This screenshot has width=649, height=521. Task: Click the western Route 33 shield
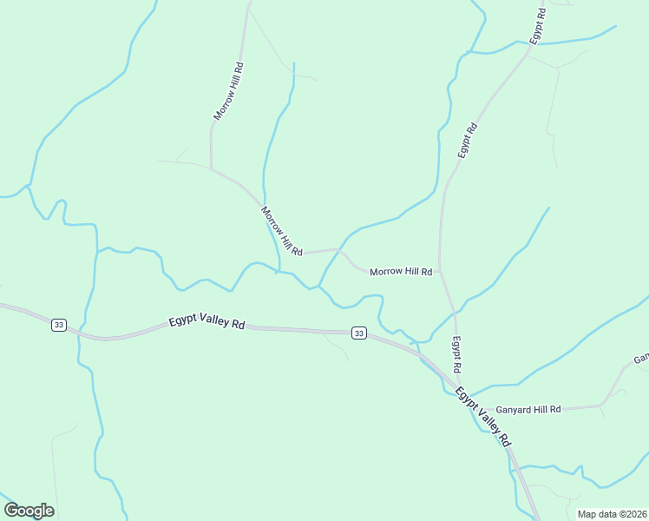tap(58, 325)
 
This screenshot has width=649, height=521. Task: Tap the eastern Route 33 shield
tap(358, 333)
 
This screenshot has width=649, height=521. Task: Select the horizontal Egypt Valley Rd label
tap(206, 322)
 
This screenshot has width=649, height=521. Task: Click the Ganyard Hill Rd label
tap(528, 409)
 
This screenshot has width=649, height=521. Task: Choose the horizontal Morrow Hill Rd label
tap(401, 272)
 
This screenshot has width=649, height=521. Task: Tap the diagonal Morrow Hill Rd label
tap(281, 231)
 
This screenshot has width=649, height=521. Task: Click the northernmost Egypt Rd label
tap(539, 26)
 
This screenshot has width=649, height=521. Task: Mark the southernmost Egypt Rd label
tap(456, 355)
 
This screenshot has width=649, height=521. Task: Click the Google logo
tap(29, 511)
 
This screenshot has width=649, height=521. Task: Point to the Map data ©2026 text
tap(612, 514)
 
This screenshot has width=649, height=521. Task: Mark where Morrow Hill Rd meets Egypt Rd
tap(441, 270)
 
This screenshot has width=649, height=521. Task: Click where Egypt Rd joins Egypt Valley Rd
tap(458, 379)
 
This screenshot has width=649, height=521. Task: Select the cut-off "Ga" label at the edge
tap(641, 358)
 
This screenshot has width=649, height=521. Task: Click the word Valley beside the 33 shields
tap(213, 321)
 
